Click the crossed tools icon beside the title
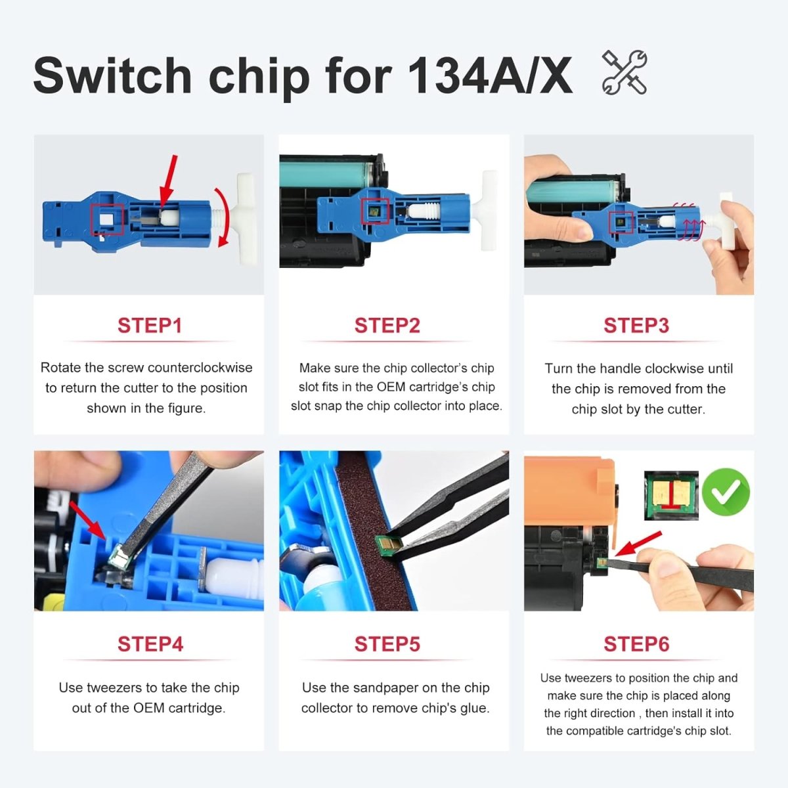(624, 73)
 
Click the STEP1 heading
(149, 326)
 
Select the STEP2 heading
(387, 326)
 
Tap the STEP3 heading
(636, 326)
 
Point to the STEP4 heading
(150, 644)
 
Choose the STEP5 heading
(387, 644)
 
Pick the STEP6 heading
(636, 644)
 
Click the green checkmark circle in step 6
(726, 492)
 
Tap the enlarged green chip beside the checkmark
(671, 496)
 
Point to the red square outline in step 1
(107, 219)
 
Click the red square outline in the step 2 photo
(375, 211)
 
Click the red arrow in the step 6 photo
(638, 544)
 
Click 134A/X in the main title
(490, 76)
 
